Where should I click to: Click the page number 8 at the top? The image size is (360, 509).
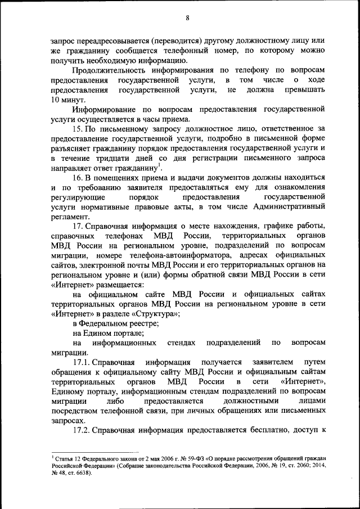187,18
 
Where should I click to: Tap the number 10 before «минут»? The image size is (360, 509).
56,99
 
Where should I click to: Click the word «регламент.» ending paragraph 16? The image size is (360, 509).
70,216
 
